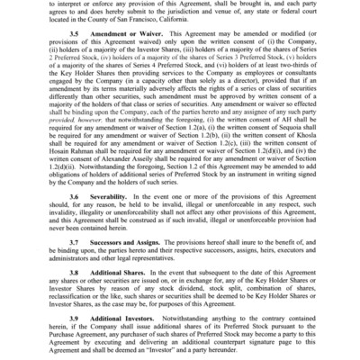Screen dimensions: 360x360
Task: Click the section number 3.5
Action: [73, 57]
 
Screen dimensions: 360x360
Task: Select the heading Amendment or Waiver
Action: [121, 57]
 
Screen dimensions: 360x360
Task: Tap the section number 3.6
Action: [73, 220]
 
